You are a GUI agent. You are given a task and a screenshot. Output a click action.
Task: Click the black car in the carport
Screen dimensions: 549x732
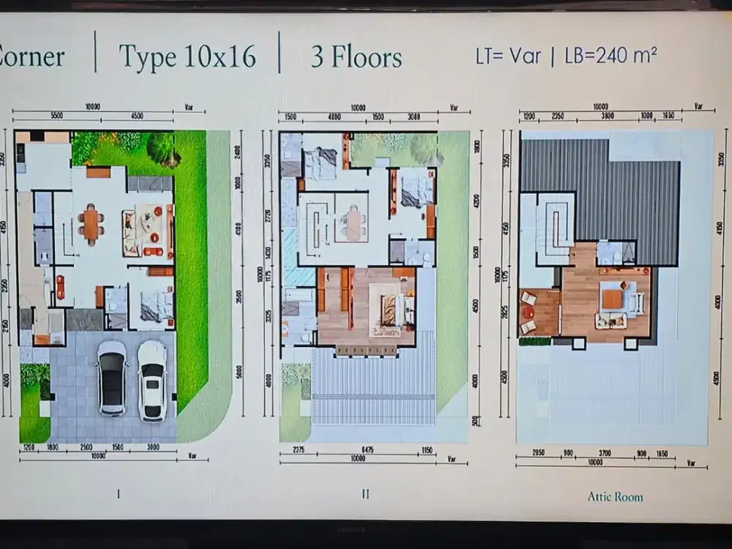112,377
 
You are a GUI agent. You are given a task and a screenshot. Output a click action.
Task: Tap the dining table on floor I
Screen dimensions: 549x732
91,223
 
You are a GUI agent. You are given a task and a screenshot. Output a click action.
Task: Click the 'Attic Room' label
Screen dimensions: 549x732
615,496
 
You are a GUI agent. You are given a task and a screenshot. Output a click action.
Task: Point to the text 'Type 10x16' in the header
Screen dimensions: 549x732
187,56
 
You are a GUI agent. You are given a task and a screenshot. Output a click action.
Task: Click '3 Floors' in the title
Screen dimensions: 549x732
356,57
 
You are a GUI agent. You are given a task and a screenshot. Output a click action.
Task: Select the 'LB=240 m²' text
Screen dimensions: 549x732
610,56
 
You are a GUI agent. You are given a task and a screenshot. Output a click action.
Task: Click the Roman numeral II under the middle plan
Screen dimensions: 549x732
365,494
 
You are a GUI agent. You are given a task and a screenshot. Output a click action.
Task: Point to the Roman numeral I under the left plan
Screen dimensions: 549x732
118,494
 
